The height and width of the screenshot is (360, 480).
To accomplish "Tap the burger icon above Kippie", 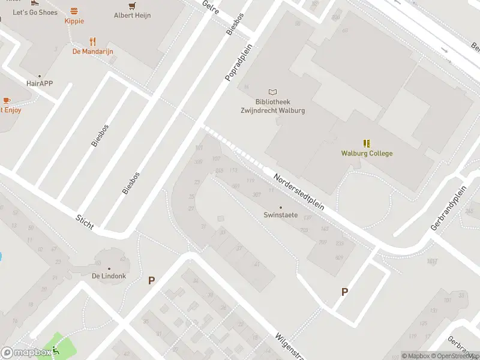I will tap(74, 11).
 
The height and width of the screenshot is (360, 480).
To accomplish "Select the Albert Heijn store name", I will tap(132, 16).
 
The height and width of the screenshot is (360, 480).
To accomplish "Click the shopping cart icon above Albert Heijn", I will tap(133, 5).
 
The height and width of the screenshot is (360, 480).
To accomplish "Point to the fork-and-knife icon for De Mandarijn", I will tap(92, 41).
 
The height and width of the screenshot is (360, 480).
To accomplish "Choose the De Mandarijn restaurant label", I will tap(92, 52).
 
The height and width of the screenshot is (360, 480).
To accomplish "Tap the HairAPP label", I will tap(40, 83).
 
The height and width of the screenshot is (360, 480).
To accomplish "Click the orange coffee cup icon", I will tap(6, 100).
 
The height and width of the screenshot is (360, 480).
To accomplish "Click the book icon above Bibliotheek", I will tap(273, 92).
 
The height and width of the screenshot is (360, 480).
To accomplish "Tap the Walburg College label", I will tap(367, 154).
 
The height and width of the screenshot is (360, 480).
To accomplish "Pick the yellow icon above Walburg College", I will tap(367, 143).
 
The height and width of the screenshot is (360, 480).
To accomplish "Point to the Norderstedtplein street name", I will tap(298, 191).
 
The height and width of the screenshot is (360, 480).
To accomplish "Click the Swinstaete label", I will tap(280, 215).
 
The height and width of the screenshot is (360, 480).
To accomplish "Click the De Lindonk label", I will tap(109, 277).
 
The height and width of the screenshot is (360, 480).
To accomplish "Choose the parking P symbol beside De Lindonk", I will tap(151, 280).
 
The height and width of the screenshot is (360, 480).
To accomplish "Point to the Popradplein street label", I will tap(238, 67).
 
